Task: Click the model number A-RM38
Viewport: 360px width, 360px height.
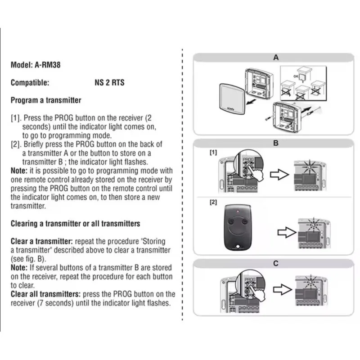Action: point(48,65)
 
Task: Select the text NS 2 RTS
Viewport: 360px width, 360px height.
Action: point(107,83)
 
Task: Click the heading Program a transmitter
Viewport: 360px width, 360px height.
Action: point(46,100)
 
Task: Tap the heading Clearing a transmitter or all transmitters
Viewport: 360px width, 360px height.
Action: point(75,224)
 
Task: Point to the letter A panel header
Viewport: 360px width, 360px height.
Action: point(276,58)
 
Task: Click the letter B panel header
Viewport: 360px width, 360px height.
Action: point(276,143)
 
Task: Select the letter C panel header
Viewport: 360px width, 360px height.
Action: point(276,264)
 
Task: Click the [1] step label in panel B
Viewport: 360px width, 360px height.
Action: point(213,153)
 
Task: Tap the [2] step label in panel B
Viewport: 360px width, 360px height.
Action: point(213,202)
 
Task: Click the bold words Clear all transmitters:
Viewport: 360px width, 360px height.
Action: point(45,294)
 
